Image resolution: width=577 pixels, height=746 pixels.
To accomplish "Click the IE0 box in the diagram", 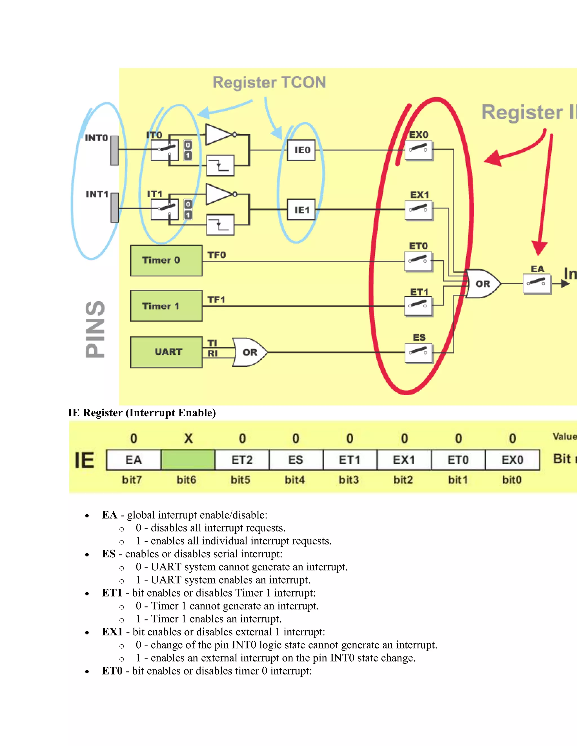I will (301, 150).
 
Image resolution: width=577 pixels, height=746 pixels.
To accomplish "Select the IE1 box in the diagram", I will (301, 210).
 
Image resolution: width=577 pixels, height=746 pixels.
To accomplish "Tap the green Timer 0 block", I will (166, 261).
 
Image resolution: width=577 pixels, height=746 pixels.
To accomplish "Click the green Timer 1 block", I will (166, 306).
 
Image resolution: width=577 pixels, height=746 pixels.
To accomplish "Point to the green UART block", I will (166, 352).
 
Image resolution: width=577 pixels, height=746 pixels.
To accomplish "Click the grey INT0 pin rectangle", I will (114, 151).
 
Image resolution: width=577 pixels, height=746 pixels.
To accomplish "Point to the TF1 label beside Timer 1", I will (216, 300).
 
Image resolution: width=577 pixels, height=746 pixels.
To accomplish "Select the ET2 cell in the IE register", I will (242, 460).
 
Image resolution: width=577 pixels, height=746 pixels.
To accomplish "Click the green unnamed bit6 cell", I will (188, 460).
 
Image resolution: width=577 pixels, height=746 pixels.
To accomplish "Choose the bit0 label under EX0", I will (512, 480).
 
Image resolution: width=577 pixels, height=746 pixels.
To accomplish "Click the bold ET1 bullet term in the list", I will (112, 593).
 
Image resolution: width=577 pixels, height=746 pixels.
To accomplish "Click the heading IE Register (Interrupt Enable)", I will (142, 413).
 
